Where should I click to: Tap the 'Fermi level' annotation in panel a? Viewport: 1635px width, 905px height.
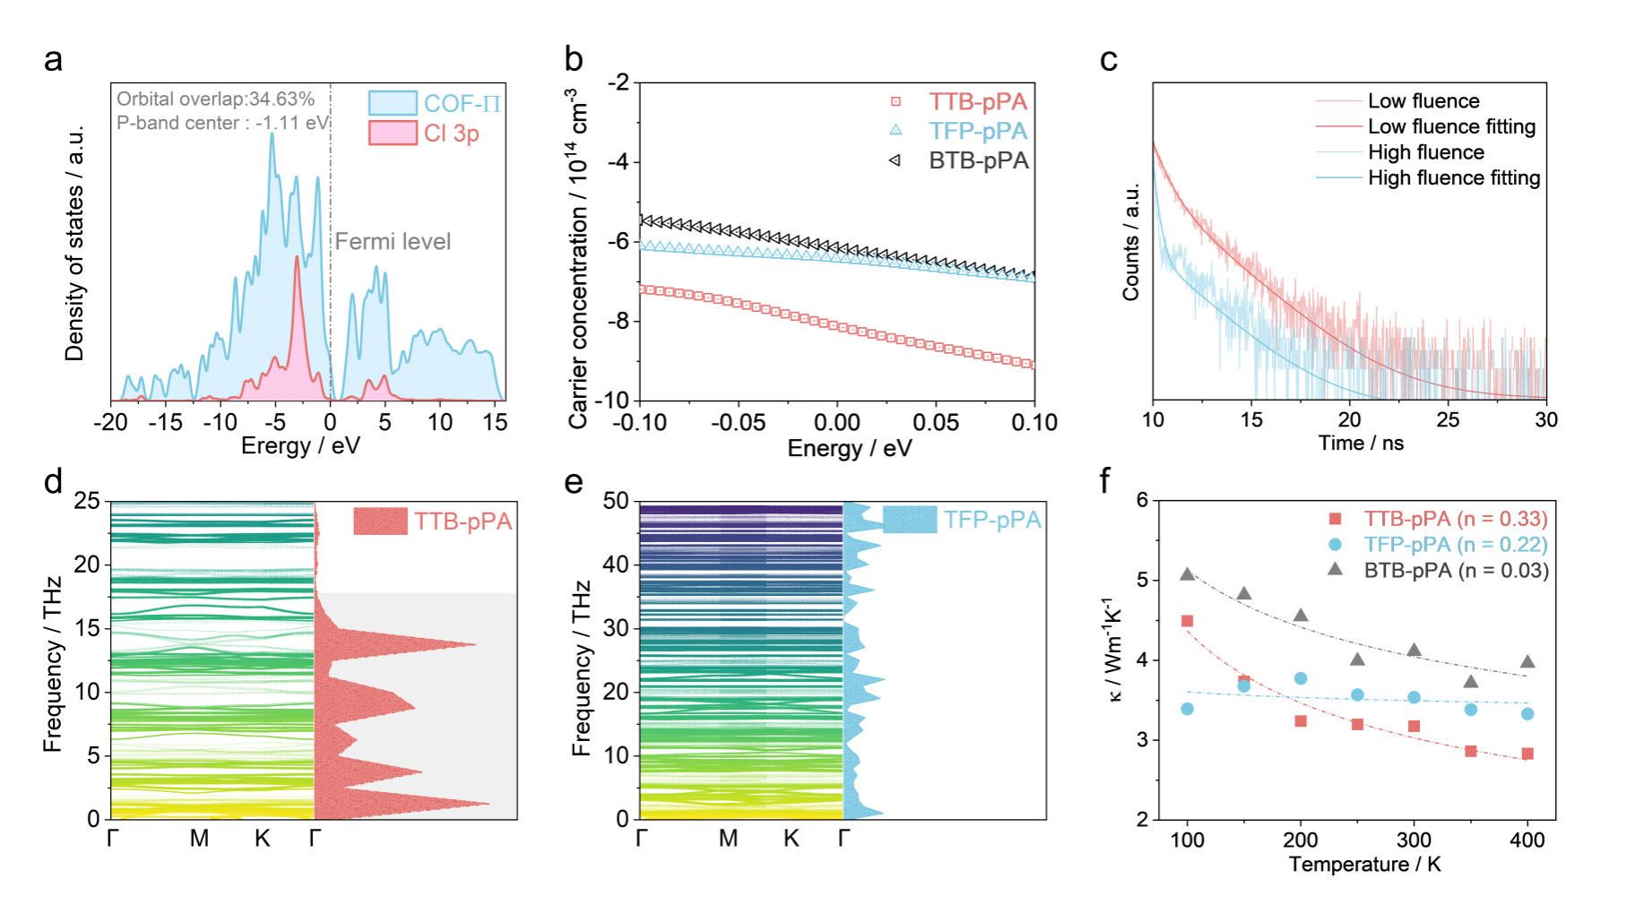[x=393, y=241]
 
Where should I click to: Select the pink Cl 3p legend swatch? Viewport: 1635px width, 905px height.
[x=393, y=133]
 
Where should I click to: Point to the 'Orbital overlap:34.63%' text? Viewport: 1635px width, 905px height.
[x=215, y=99]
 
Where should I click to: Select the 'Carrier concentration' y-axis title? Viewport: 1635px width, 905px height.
[x=580, y=258]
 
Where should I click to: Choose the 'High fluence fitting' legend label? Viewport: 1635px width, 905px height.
[x=1454, y=178]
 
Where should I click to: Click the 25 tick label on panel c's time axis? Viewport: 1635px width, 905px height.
[x=1448, y=419]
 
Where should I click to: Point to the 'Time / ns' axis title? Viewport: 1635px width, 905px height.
[x=1361, y=443]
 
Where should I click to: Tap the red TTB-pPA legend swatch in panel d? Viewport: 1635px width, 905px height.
[x=380, y=521]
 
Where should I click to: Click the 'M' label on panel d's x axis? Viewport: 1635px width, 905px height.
[x=199, y=839]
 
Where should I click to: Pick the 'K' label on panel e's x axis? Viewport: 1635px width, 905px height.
[x=791, y=839]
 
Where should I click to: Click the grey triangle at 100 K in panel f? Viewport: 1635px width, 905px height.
[x=1187, y=574]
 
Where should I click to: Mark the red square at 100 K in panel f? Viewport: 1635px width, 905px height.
[x=1187, y=621]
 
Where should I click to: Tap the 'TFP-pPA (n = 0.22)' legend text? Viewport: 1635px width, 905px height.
[x=1456, y=544]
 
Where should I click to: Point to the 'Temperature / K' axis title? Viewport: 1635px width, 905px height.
[x=1364, y=865]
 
